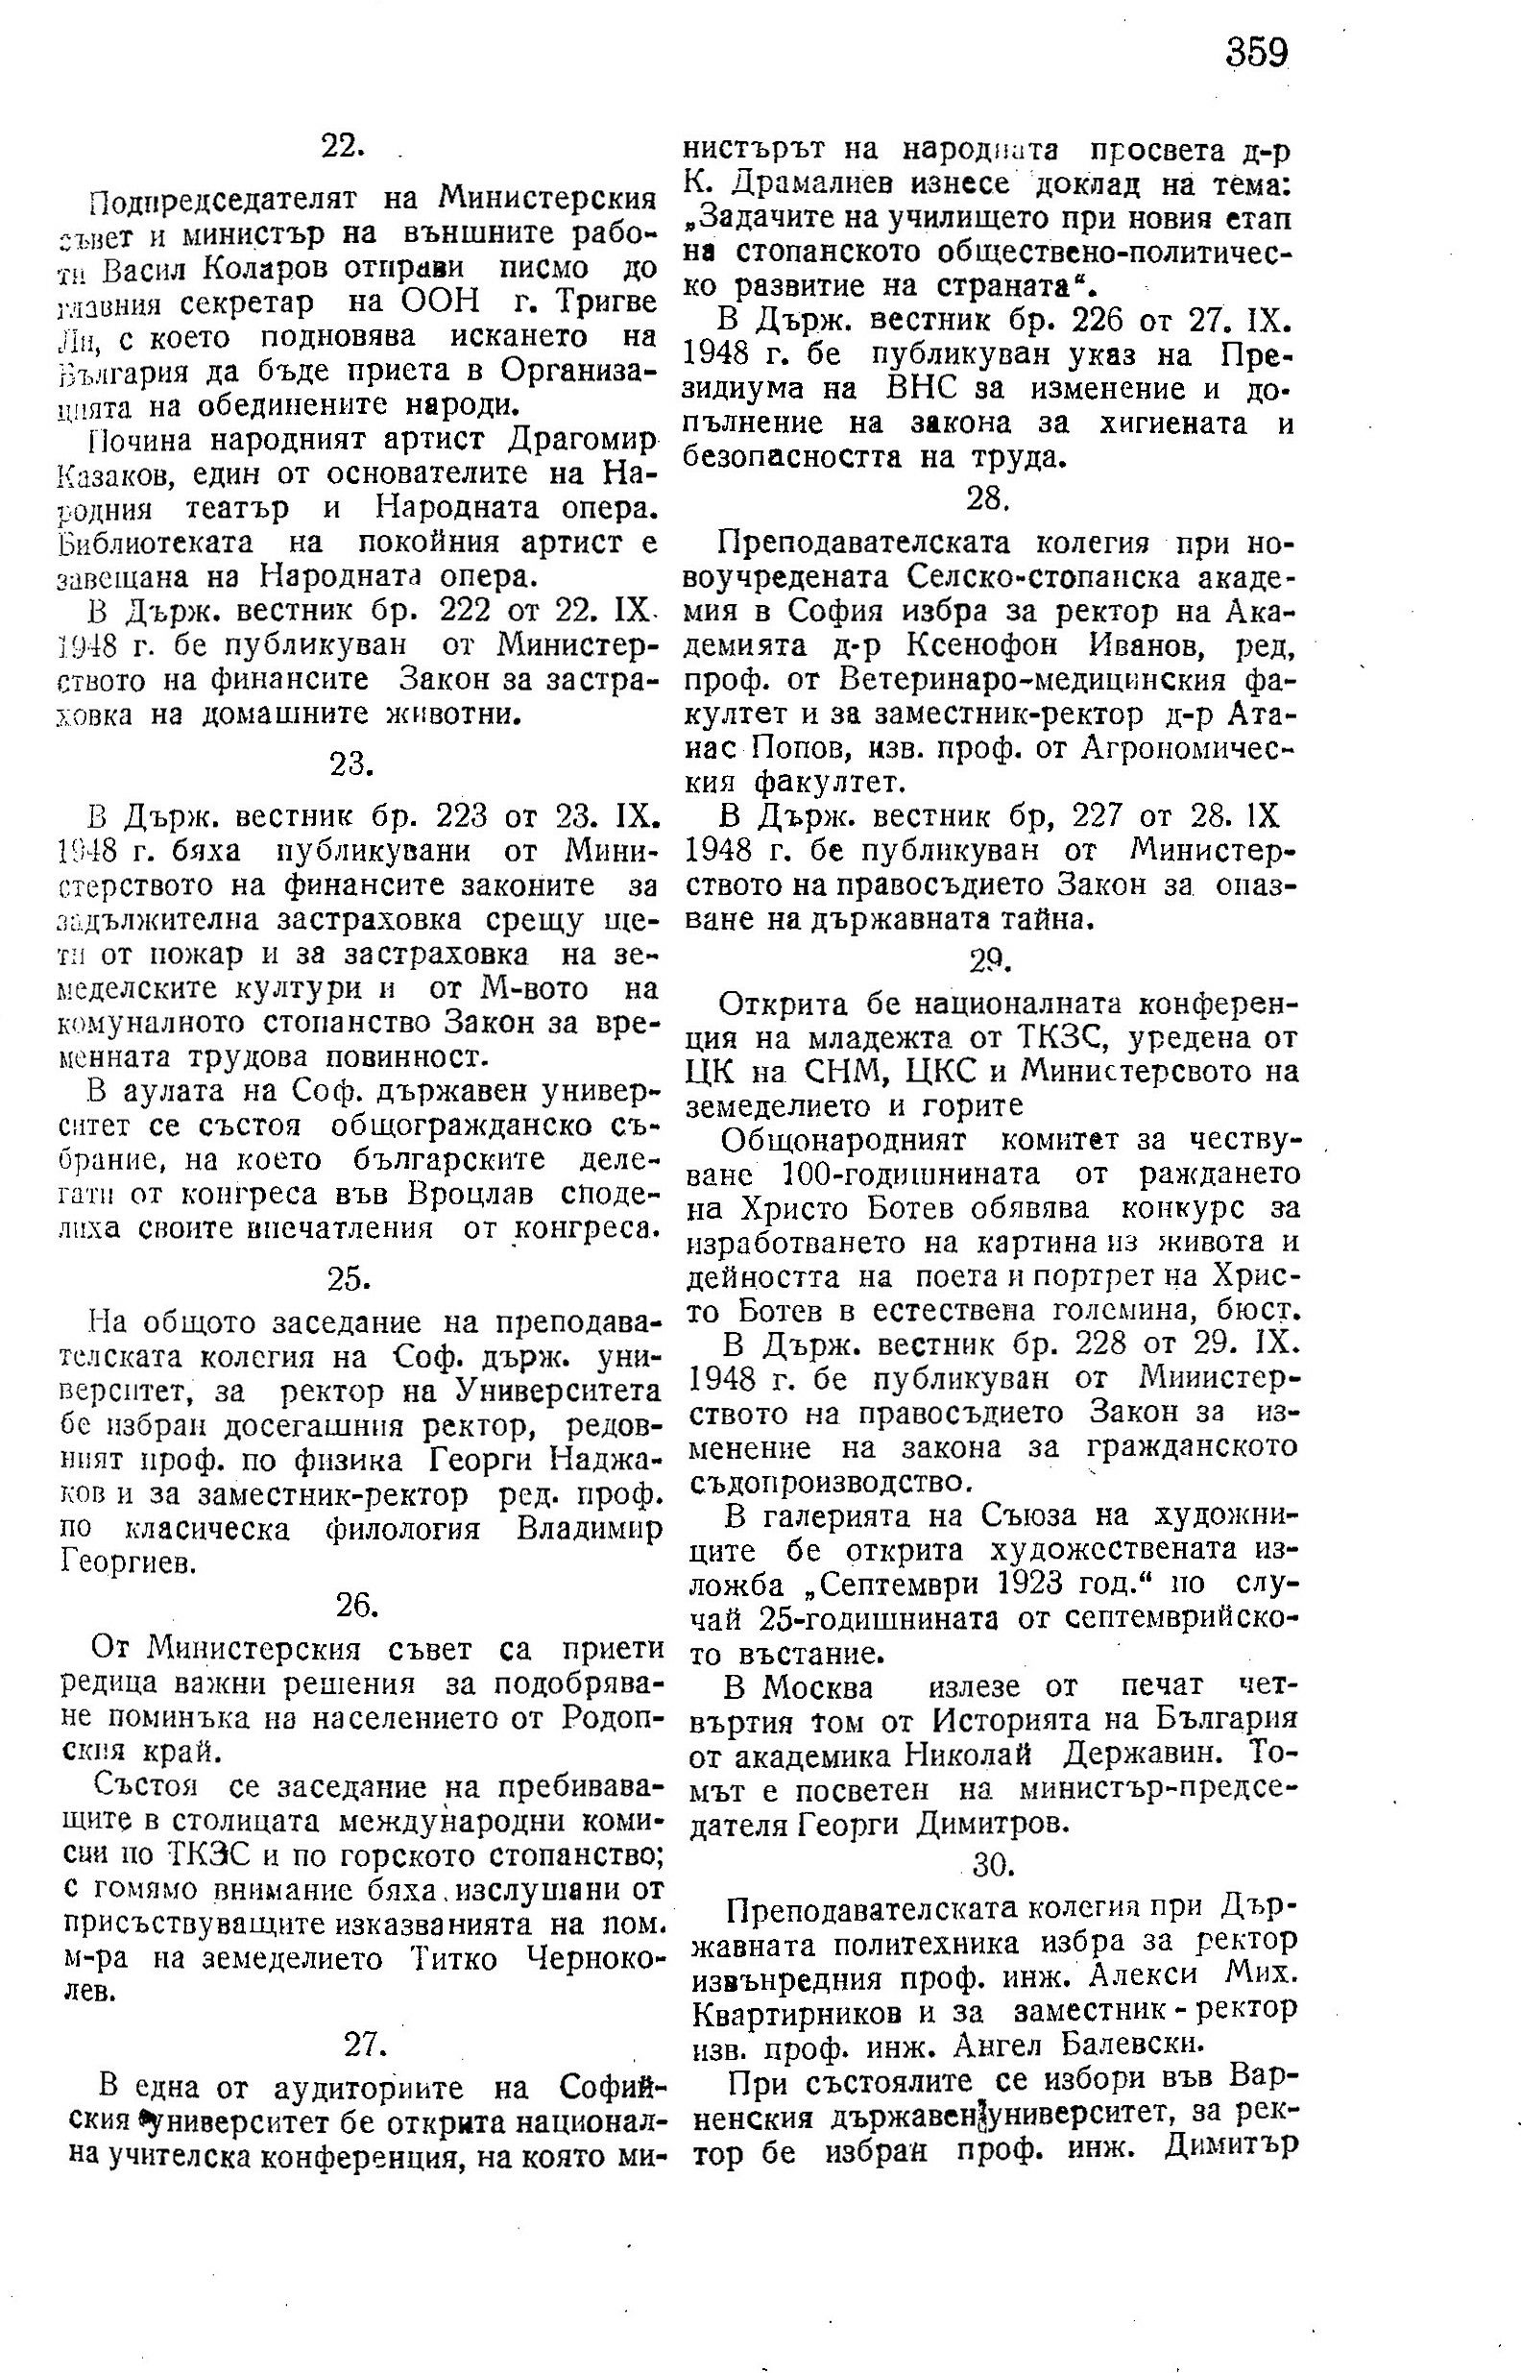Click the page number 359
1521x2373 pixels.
coord(1257,52)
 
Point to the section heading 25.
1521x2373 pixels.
coord(349,1279)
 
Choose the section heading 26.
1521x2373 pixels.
coord(356,1606)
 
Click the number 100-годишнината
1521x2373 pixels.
coord(909,1175)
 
